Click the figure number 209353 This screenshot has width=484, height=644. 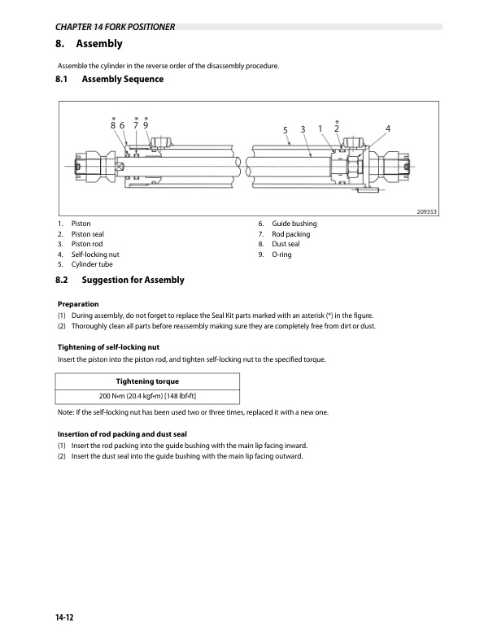[426, 212]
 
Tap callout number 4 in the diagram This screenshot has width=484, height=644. [388, 128]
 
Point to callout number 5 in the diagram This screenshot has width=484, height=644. [286, 130]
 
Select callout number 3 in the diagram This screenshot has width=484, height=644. [302, 129]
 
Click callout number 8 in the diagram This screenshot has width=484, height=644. [112, 125]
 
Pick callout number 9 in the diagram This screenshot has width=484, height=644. [146, 125]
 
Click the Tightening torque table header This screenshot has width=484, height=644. [147, 381]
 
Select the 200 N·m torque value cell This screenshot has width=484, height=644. [147, 395]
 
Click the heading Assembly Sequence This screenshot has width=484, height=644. [122, 80]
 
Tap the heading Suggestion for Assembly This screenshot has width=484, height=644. [133, 281]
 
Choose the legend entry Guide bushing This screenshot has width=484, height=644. [294, 224]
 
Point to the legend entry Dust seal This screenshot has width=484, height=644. [286, 244]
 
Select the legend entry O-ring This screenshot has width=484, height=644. [281, 255]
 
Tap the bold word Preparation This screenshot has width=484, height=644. [78, 303]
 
